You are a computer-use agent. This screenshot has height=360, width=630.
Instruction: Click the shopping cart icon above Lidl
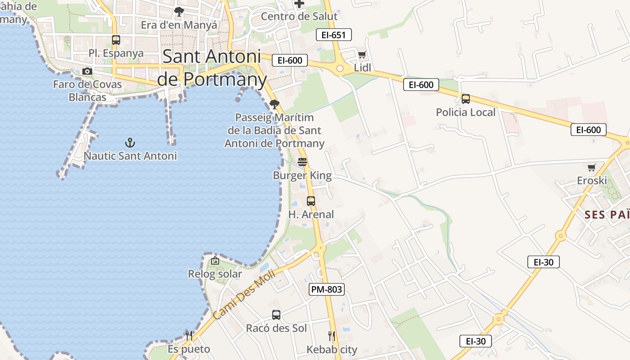[x=362, y=55]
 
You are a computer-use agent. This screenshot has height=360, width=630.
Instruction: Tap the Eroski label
[x=592, y=180]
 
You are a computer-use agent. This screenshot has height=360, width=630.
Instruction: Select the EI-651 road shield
[x=333, y=35]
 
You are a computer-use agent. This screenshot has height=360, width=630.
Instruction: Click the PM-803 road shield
[x=327, y=289]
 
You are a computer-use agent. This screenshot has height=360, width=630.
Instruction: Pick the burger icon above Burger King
[x=302, y=162]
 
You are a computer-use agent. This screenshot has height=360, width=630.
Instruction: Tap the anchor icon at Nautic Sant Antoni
[x=130, y=143]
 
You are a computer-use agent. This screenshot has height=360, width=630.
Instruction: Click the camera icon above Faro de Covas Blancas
[x=87, y=71]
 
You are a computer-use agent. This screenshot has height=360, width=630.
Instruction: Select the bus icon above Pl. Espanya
[x=116, y=40]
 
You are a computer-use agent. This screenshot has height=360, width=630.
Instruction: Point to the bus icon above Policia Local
[x=466, y=99]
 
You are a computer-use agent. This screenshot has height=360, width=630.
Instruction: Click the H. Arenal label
[x=311, y=214]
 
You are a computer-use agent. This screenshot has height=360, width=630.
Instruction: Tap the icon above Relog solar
[x=215, y=260]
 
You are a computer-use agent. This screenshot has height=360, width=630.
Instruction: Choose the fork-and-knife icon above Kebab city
[x=332, y=336]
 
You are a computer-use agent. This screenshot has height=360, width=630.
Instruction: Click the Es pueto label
[x=189, y=349]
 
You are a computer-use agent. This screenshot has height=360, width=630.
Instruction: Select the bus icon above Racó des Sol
[x=276, y=315]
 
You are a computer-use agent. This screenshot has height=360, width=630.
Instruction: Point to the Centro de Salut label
[x=299, y=17]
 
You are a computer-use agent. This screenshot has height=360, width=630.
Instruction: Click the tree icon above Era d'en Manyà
[x=179, y=12]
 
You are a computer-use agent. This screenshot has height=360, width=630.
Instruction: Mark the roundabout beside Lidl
[x=340, y=68]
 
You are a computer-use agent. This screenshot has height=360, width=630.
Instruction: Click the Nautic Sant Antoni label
[x=130, y=156]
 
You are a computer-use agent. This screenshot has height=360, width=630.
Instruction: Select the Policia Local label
[x=466, y=112]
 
